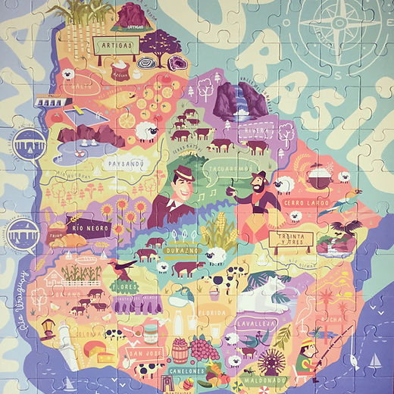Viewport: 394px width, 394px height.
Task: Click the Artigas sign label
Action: click(116, 46)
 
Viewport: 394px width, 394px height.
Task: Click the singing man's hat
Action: click(183, 174)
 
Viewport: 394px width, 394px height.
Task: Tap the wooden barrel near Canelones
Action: click(180, 350)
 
